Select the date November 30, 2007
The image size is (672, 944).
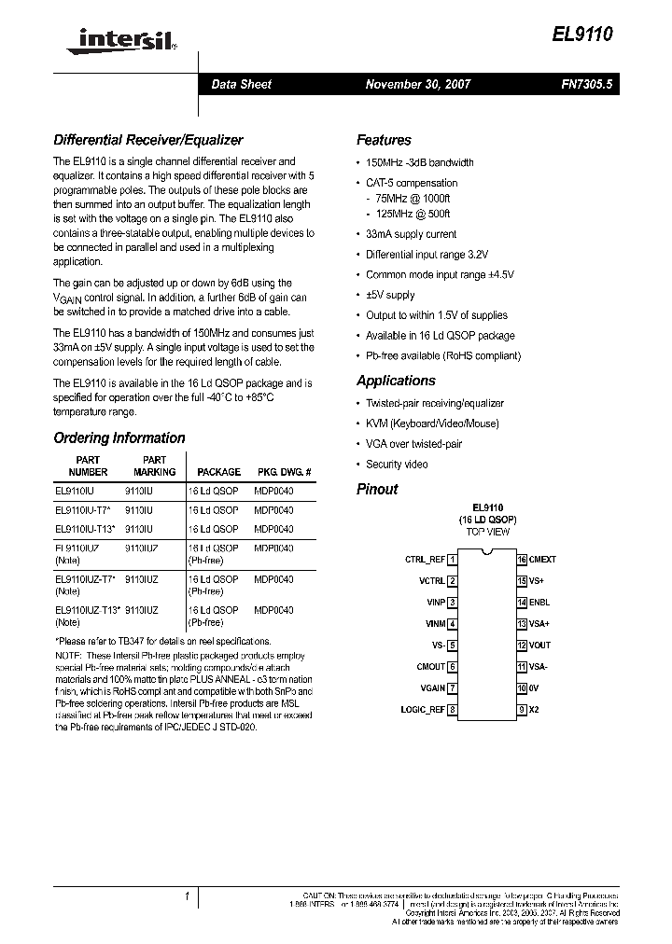[418, 84]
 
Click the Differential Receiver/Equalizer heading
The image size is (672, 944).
[148, 140]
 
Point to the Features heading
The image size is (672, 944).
[384, 140]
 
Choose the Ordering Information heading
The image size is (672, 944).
[119, 437]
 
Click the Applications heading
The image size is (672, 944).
[396, 381]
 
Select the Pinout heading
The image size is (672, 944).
[377, 489]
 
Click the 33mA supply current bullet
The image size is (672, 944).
[412, 234]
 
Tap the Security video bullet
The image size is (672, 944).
[398, 464]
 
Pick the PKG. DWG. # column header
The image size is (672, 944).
[284, 472]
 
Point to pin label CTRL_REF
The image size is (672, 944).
[425, 560]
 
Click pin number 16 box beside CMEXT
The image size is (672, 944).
[523, 560]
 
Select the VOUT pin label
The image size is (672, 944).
[540, 646]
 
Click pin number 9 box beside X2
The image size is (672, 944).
[523, 710]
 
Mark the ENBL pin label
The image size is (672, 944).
[539, 603]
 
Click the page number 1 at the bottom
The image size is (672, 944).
[188, 897]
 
